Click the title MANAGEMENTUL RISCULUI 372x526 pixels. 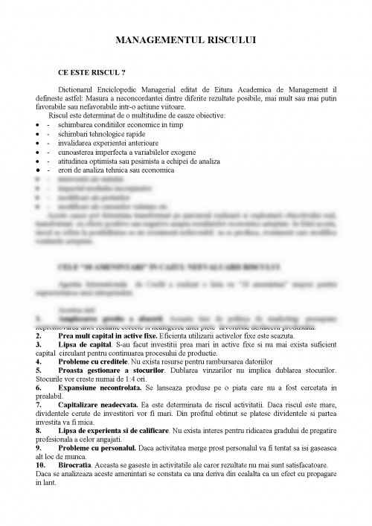coord(186,43)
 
